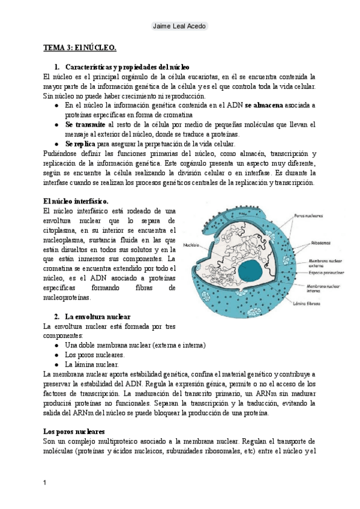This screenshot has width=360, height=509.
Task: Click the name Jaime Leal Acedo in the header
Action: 179,26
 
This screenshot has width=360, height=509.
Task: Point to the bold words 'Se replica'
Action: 80,144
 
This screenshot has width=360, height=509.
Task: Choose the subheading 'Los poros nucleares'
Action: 74,431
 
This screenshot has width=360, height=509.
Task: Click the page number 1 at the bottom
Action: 46,482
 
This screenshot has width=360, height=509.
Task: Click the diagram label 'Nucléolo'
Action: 191,245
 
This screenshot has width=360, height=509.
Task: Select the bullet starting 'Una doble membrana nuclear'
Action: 135,345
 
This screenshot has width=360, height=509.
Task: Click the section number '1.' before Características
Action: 57,67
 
